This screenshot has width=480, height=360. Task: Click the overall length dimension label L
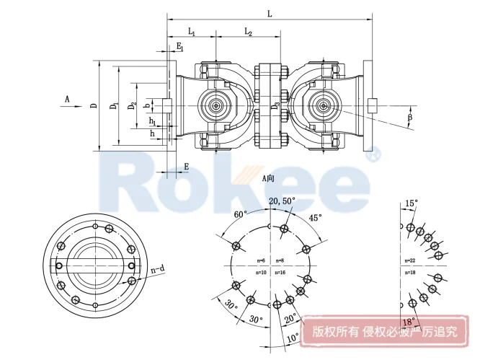pos(270,12)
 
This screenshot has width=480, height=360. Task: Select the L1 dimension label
pos(192,32)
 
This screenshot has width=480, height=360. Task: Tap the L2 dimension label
pos(247,32)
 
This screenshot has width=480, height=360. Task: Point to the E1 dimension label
pos(180,48)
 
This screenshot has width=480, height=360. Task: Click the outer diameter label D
pos(94,106)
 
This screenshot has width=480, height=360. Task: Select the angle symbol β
pos(410,116)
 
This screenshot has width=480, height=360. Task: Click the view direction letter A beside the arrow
pos(66,97)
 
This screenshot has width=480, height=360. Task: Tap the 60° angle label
pos(240,214)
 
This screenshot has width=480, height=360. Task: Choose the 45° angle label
pos(315,217)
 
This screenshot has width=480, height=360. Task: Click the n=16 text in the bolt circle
pos(280,272)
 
